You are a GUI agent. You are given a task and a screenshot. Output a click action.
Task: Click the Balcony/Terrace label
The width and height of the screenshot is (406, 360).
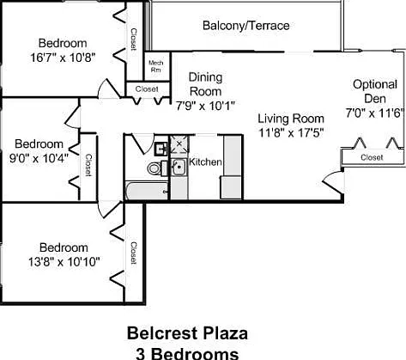click(245, 26)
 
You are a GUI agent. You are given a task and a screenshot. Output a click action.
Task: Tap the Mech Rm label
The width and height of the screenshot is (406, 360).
click(156, 66)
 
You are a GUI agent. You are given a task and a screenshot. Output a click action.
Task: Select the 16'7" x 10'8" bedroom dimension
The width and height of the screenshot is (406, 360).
click(63, 58)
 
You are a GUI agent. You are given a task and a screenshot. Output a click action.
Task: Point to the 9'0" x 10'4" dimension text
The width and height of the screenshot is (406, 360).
click(39, 158)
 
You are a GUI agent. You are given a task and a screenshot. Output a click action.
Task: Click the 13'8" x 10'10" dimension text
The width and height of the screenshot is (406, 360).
click(64, 262)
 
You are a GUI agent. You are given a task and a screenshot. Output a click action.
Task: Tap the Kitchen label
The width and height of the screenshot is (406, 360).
click(205, 162)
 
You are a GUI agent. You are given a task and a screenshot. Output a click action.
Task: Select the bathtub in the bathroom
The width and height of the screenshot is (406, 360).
click(147, 191)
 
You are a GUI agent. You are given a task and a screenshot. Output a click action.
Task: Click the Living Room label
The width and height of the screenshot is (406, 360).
click(291, 119)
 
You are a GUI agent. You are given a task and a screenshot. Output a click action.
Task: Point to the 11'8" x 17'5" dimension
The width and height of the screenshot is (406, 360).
click(291, 133)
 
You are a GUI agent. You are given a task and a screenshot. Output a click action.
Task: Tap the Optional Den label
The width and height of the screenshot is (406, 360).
click(375, 91)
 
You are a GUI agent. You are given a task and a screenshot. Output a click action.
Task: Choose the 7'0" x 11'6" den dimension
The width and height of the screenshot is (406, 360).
click(374, 113)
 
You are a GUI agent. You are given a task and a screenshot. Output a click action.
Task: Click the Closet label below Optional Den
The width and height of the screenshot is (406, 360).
click(372, 157)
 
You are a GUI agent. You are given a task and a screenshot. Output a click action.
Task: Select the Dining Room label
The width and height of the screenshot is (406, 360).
click(205, 84)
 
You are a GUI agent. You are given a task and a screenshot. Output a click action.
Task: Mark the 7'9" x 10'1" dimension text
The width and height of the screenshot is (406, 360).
click(205, 107)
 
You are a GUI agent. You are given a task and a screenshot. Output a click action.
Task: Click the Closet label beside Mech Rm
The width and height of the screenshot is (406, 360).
click(147, 89)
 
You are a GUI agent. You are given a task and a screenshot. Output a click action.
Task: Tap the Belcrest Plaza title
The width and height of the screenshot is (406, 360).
click(187, 333)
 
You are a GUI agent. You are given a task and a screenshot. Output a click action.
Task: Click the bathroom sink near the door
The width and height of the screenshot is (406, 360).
click(161, 149)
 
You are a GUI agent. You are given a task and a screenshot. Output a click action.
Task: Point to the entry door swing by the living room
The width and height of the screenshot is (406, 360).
click(333, 184)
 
